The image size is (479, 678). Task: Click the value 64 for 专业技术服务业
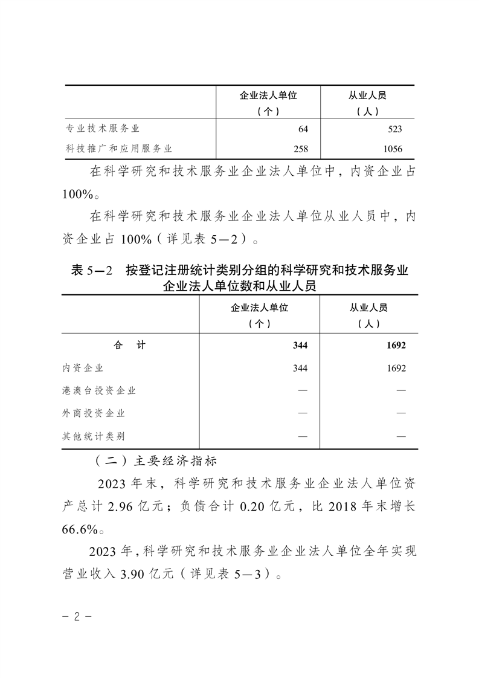pos(303,129)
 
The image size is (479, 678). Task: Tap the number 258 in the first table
pos(300,149)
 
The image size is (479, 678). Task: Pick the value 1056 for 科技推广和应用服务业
pos(392,149)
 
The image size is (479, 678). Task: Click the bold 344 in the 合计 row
pos(300,346)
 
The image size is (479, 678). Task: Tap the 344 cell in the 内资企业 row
pos(300,368)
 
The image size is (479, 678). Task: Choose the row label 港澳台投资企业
pos(99,390)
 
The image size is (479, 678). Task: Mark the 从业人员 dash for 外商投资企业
pos(400,413)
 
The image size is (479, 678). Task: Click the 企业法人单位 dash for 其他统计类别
pos(303,436)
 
